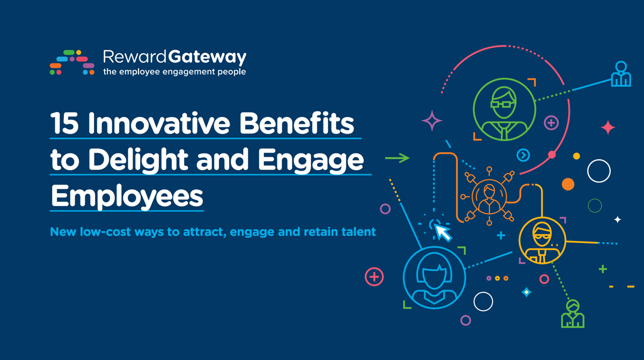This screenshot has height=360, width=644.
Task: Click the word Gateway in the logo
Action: click(207, 57)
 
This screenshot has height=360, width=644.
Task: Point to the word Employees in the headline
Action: click(127, 196)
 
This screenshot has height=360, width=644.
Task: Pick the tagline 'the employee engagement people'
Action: click(174, 71)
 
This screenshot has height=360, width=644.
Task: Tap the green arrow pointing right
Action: click(397, 158)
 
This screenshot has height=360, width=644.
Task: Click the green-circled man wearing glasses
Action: click(504, 109)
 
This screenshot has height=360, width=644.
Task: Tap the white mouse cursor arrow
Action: click(443, 232)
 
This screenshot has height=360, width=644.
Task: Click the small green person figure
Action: click(573, 314)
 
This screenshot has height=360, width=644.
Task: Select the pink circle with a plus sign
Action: click(374, 277)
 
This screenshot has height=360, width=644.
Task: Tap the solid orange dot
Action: click(568, 185)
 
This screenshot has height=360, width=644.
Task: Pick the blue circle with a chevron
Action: click(523, 155)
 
